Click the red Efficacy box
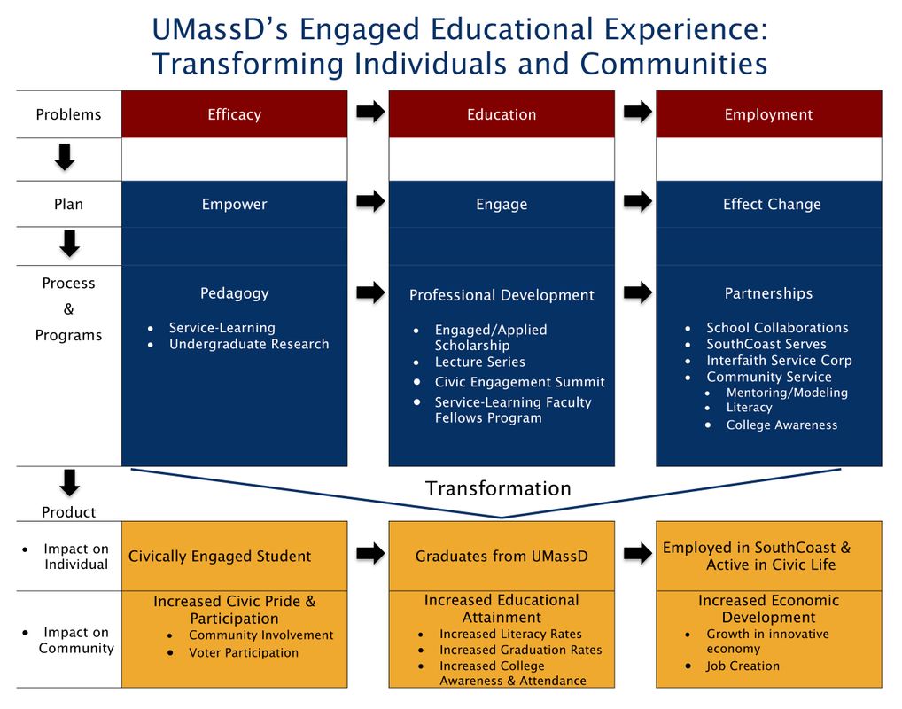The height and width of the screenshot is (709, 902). [234, 114]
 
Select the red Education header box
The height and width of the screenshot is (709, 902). [502, 114]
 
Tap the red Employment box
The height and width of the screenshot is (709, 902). [768, 114]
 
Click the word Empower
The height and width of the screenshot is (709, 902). [234, 205]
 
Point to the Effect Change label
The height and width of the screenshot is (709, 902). [772, 205]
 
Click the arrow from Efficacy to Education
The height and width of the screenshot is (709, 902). [370, 111]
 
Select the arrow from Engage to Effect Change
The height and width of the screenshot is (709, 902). [638, 201]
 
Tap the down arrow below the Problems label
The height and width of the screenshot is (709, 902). [65, 157]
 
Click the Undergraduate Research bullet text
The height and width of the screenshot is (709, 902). [249, 344]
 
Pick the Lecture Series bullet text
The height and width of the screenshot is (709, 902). [479, 362]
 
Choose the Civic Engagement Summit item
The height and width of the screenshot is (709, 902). [519, 382]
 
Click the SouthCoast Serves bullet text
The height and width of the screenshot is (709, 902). [766, 344]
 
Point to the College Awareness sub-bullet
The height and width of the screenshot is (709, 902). [781, 425]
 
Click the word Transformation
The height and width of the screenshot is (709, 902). [498, 488]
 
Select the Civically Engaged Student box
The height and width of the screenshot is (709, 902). [234, 556]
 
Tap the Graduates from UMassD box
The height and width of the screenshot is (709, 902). [502, 556]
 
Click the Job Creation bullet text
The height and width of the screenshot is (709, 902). [743, 666]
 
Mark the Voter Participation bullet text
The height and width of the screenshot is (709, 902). [244, 652]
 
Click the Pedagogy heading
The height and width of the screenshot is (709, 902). [234, 293]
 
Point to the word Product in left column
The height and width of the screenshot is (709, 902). [68, 512]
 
